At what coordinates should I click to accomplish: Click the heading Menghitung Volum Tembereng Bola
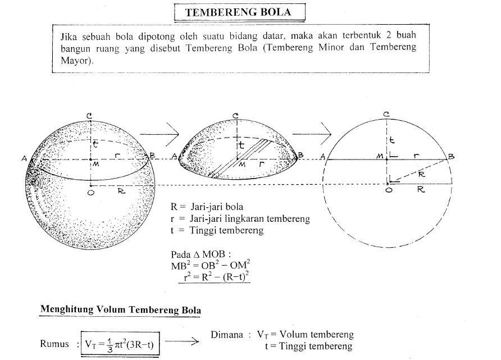point(121,309)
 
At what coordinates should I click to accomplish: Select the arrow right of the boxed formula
point(181,341)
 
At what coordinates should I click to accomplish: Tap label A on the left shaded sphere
point(25,159)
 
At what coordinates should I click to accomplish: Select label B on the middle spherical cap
point(301,154)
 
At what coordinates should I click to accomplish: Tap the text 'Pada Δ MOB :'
point(201,254)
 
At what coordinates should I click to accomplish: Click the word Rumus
point(54,344)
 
